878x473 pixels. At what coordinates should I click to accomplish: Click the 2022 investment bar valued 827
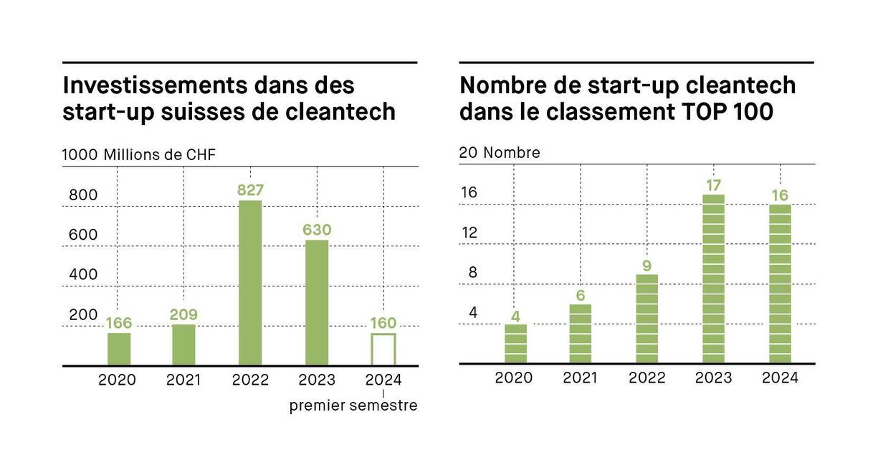(250, 283)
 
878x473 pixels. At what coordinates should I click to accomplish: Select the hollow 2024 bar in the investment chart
(383, 350)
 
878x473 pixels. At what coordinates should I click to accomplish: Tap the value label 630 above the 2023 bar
(317, 230)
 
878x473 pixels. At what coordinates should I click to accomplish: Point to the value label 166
(119, 323)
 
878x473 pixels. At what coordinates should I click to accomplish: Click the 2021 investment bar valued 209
(183, 345)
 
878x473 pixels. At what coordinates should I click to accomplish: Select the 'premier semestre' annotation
(353, 406)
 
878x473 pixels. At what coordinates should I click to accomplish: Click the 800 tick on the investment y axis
(83, 196)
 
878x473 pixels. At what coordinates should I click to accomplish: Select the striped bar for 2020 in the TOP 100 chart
(515, 344)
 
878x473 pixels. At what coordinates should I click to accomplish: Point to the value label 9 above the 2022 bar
(646, 266)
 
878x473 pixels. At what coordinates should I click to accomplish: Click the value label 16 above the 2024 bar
(780, 196)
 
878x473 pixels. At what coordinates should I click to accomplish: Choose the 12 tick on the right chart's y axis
(469, 233)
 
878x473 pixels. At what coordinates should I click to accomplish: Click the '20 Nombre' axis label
(500, 153)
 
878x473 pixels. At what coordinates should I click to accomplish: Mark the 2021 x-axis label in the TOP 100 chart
(580, 378)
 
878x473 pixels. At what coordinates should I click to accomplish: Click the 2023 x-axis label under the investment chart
(317, 380)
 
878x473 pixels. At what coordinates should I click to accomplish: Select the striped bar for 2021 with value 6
(580, 334)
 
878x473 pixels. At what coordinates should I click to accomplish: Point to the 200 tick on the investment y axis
(83, 315)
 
